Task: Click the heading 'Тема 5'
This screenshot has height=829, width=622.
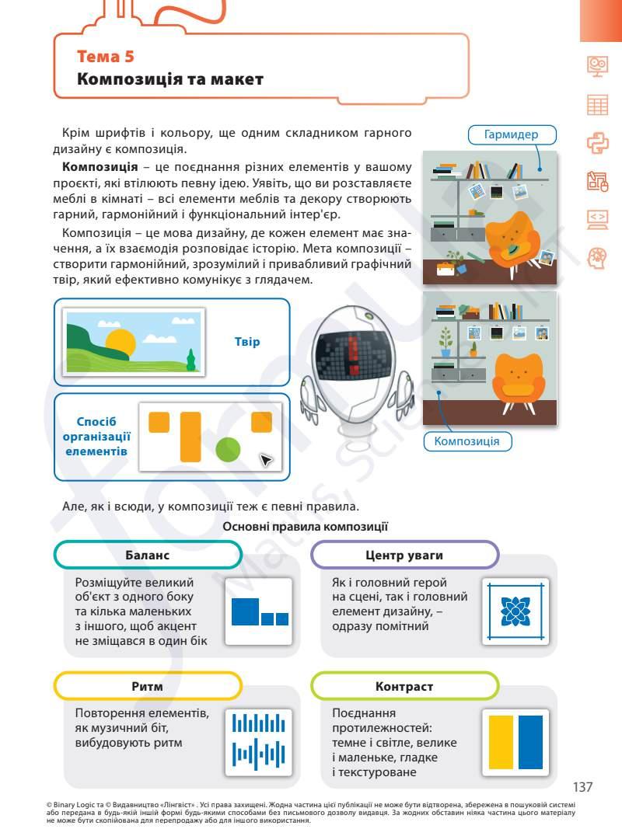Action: pos(106,56)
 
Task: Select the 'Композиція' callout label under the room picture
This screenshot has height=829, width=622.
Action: pos(466,441)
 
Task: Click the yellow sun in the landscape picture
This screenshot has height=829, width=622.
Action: pos(121,341)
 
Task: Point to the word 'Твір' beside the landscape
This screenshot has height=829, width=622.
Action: pos(246,342)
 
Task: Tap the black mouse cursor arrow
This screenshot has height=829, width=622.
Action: pos(266,461)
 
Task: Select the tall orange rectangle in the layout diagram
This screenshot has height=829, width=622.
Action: pos(190,437)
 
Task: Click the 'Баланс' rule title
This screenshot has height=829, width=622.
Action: pos(148,556)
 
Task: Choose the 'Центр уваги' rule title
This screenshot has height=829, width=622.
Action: pos(404,556)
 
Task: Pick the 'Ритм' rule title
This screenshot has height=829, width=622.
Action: pos(148,687)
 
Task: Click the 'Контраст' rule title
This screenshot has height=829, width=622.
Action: pos(404,687)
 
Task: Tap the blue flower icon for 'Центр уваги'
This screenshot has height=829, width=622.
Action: pos(515,611)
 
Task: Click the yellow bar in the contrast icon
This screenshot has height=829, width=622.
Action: pos(501,743)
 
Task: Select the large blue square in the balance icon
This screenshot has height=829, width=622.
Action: pos(245,612)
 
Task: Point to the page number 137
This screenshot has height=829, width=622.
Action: pos(583,787)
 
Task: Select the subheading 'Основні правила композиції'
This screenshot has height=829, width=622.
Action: pos(305,527)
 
